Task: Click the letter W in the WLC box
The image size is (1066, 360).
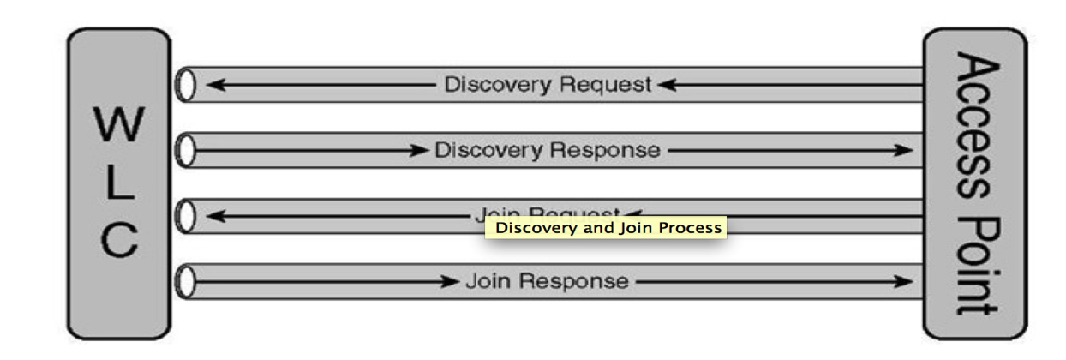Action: click(x=119, y=126)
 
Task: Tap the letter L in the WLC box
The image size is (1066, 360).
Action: click(x=119, y=183)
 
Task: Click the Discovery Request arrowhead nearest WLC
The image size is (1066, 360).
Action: click(x=215, y=85)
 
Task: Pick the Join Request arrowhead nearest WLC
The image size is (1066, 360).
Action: click(x=215, y=216)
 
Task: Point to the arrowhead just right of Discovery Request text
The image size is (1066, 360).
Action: click(x=668, y=85)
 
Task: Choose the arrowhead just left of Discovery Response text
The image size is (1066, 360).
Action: click(x=418, y=151)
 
